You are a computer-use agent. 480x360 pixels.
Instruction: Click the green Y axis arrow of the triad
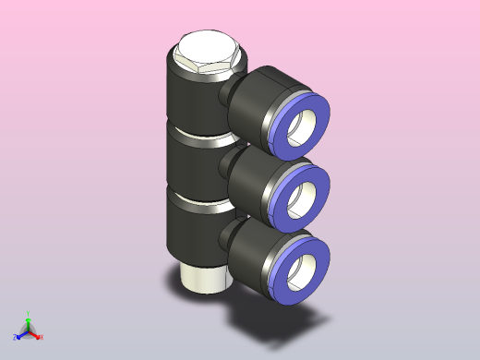pyautogui.click(x=29, y=317)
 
